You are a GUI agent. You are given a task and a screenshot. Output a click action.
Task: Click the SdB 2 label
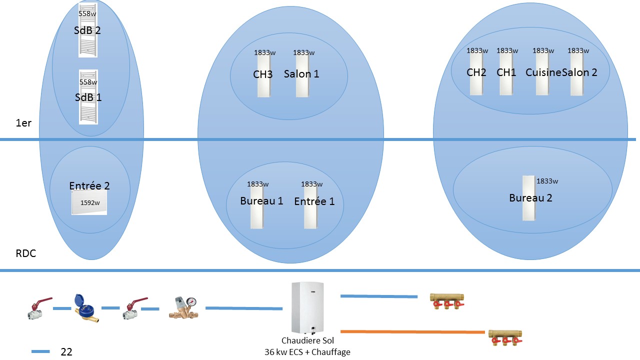click(x=87, y=30)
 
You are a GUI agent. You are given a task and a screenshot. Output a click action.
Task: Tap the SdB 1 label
click(x=88, y=97)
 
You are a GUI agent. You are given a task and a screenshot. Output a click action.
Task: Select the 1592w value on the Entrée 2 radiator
click(x=90, y=203)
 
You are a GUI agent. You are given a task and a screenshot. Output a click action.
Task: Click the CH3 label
click(x=263, y=74)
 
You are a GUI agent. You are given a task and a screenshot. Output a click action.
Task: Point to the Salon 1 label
click(x=301, y=74)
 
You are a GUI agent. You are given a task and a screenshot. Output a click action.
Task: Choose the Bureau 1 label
click(x=261, y=201)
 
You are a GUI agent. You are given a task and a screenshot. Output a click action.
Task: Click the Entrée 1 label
click(x=314, y=201)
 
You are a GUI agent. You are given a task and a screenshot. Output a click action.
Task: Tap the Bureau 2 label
click(x=530, y=198)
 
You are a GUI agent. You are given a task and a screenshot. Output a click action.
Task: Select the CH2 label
click(x=476, y=72)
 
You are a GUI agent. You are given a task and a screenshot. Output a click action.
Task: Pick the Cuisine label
click(x=543, y=72)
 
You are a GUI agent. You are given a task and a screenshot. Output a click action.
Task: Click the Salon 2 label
click(x=579, y=72)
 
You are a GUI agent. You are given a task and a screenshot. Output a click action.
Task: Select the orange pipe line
click(x=412, y=331)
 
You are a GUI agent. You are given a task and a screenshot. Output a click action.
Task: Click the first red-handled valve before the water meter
click(x=39, y=308)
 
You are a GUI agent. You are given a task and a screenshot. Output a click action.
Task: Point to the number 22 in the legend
click(x=66, y=352)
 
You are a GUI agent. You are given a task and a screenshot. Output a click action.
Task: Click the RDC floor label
click(x=26, y=253)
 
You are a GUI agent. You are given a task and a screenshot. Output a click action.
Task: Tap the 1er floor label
click(x=23, y=123)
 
